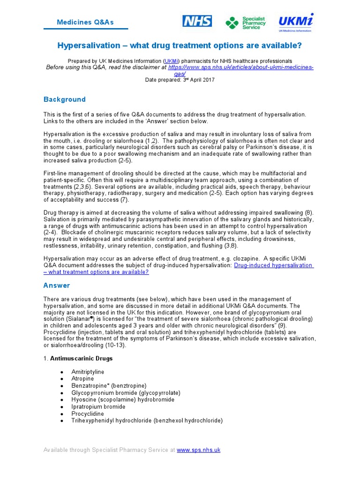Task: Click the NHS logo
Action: tap(197, 21)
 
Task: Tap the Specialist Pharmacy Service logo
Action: tap(245, 22)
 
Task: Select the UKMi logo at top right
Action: tap(295, 22)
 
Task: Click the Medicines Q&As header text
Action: tap(85, 22)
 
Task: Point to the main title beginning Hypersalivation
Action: tap(180, 45)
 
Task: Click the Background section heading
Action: tap(65, 99)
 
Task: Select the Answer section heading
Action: tap(57, 285)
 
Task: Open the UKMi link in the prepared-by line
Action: tap(171, 61)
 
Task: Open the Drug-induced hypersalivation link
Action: tap(273, 265)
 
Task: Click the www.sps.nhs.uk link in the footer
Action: tap(198, 450)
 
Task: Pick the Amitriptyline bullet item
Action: tap(88, 372)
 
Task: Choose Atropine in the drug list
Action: tap(82, 379)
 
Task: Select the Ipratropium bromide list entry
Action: tap(98, 407)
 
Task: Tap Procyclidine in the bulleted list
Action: tap(87, 414)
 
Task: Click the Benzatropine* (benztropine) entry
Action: tap(109, 386)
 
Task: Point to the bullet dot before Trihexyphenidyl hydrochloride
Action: tap(62, 421)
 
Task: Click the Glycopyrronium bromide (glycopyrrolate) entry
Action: tap(126, 393)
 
